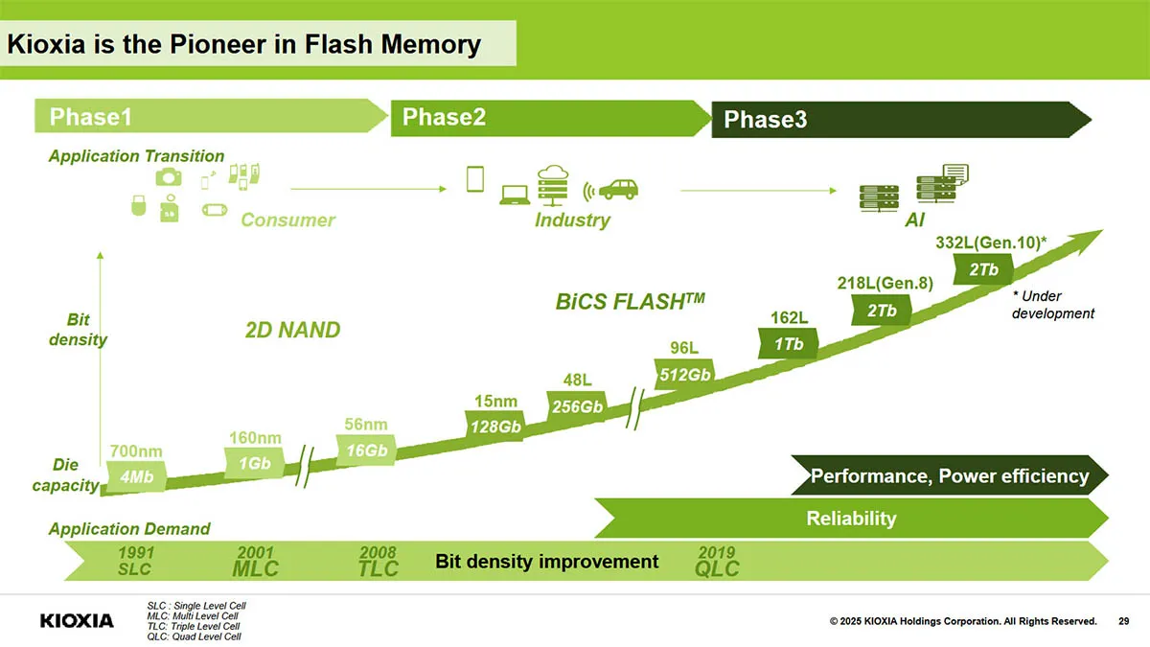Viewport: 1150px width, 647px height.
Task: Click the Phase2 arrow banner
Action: [551, 118]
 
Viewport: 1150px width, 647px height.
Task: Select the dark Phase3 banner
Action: [901, 120]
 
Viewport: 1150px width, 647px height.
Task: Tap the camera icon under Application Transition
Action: [169, 177]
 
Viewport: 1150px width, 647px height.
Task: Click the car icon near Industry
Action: [618, 190]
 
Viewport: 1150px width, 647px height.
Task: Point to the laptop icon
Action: [515, 196]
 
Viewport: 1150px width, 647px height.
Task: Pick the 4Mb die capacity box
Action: [136, 476]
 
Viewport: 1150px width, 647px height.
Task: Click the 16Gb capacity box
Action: [366, 451]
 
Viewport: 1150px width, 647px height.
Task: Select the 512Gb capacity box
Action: [684, 375]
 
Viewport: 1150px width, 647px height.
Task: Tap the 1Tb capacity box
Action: [789, 343]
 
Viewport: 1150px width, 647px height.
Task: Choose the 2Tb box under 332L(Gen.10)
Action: [983, 269]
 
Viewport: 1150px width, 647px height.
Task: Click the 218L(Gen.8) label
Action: [885, 283]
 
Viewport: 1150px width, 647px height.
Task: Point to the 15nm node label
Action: [495, 401]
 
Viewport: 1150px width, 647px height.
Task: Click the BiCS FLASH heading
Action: [630, 301]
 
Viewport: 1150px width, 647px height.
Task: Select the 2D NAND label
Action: [292, 330]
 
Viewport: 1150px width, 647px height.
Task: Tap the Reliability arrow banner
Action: [851, 519]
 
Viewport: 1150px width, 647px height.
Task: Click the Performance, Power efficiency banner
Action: [950, 475]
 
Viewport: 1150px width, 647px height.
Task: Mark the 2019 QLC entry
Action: [717, 562]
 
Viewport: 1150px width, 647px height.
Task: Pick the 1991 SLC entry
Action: [135, 561]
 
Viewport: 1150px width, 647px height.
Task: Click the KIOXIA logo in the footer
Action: [77, 621]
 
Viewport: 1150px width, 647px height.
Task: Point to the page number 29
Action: [1124, 621]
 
